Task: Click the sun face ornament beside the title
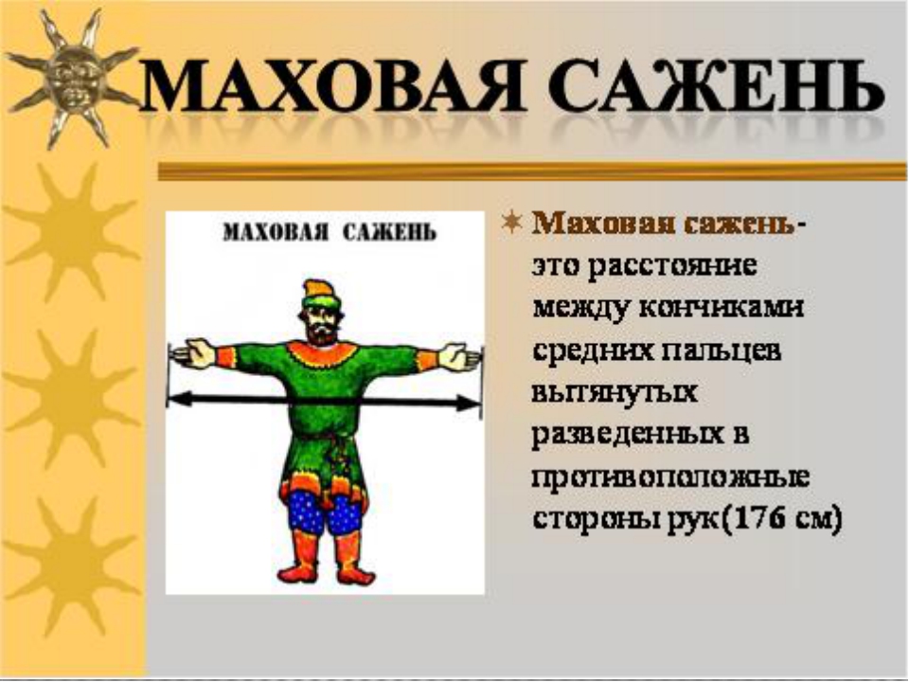[x=74, y=79]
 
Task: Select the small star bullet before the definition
[x=511, y=222]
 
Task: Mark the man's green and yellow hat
[x=318, y=295]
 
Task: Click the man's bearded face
[x=321, y=325]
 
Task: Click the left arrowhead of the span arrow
[x=181, y=399]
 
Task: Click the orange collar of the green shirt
[x=323, y=353]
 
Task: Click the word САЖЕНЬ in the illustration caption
[x=389, y=233]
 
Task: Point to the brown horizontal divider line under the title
[x=532, y=171]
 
